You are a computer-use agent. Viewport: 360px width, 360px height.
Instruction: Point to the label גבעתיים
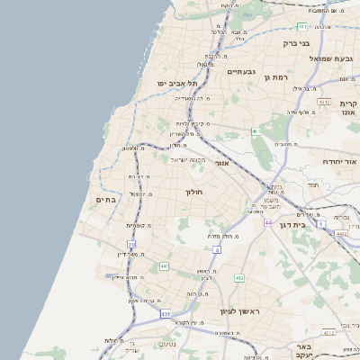click(x=242, y=71)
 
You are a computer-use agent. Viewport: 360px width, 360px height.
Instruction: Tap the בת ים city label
click(x=106, y=200)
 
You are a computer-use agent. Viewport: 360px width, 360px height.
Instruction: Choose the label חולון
click(x=195, y=192)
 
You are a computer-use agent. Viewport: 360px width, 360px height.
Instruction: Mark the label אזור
click(x=223, y=164)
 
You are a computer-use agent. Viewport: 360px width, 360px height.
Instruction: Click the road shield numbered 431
click(x=165, y=313)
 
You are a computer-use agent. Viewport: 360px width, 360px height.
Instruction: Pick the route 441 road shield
click(x=163, y=266)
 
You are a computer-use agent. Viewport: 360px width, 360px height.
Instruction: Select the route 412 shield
click(x=239, y=278)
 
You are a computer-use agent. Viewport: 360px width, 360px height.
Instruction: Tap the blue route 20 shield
click(x=131, y=244)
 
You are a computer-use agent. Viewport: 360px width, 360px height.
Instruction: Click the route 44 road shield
click(x=268, y=220)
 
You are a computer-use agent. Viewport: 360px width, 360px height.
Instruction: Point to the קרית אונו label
click(x=349, y=109)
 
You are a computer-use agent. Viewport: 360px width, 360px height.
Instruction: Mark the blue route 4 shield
click(x=217, y=248)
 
